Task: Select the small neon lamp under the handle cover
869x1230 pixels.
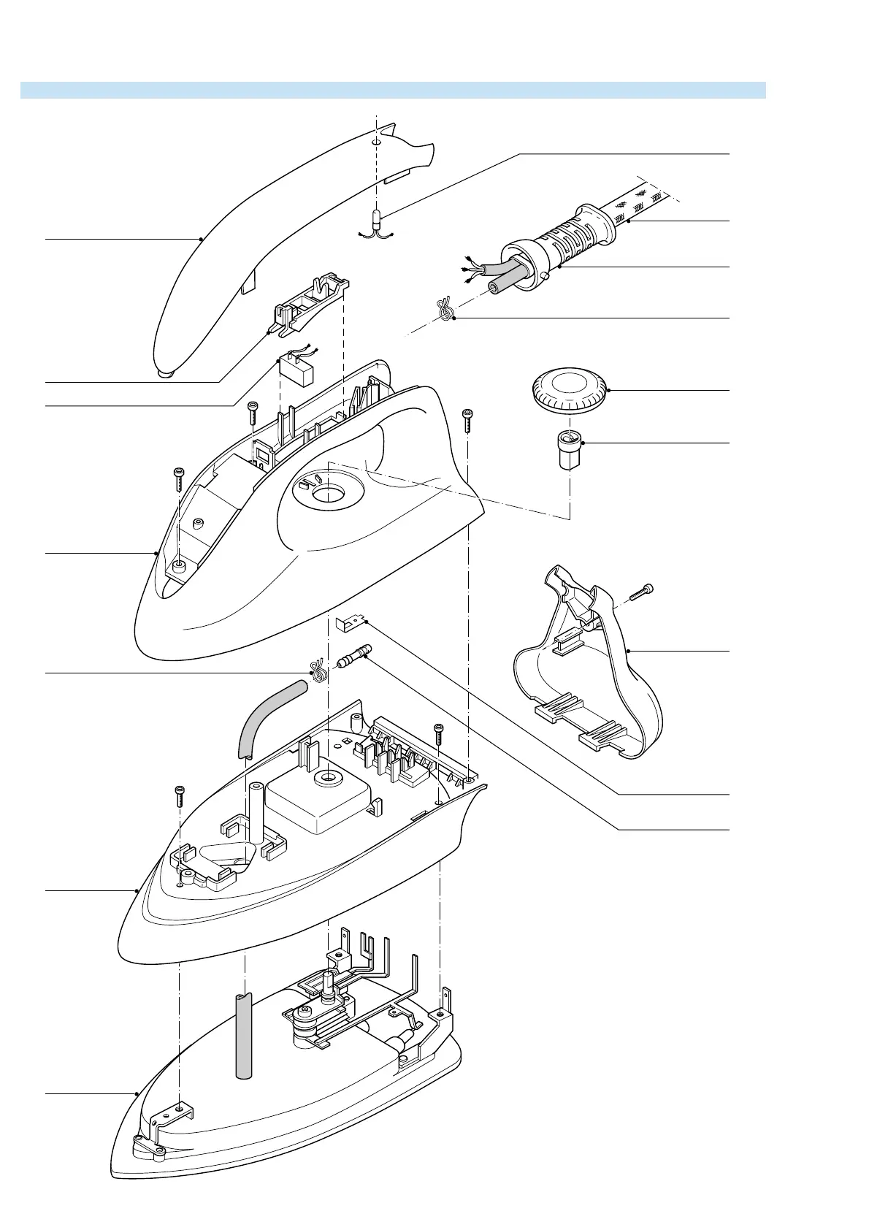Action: click(x=377, y=219)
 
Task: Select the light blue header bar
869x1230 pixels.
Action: click(x=393, y=90)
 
